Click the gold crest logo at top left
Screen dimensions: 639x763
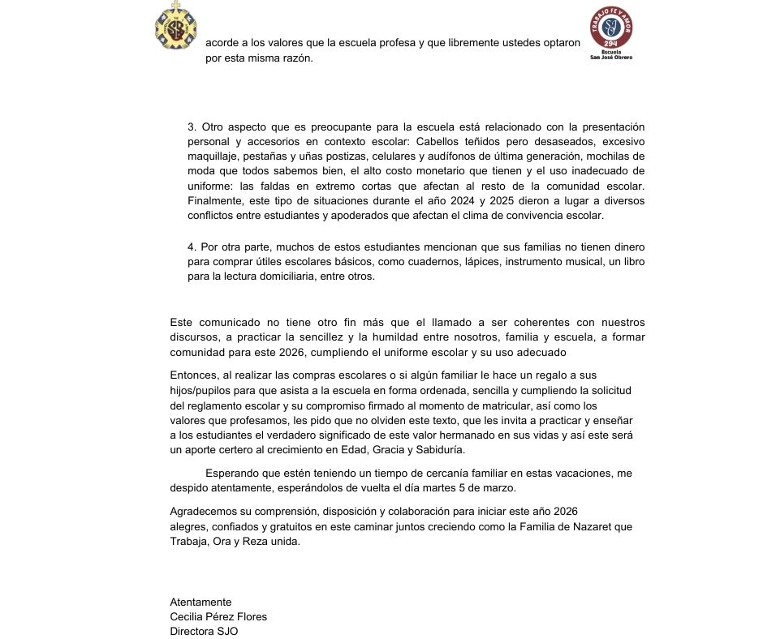pyautogui.click(x=176, y=26)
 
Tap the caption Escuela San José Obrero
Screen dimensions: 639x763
pyautogui.click(x=611, y=54)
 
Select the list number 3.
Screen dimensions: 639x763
pyautogui.click(x=192, y=127)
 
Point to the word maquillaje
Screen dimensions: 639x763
pyautogui.click(x=213, y=157)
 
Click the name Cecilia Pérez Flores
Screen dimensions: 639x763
pyautogui.click(x=218, y=617)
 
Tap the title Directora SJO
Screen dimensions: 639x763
pyautogui.click(x=204, y=632)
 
